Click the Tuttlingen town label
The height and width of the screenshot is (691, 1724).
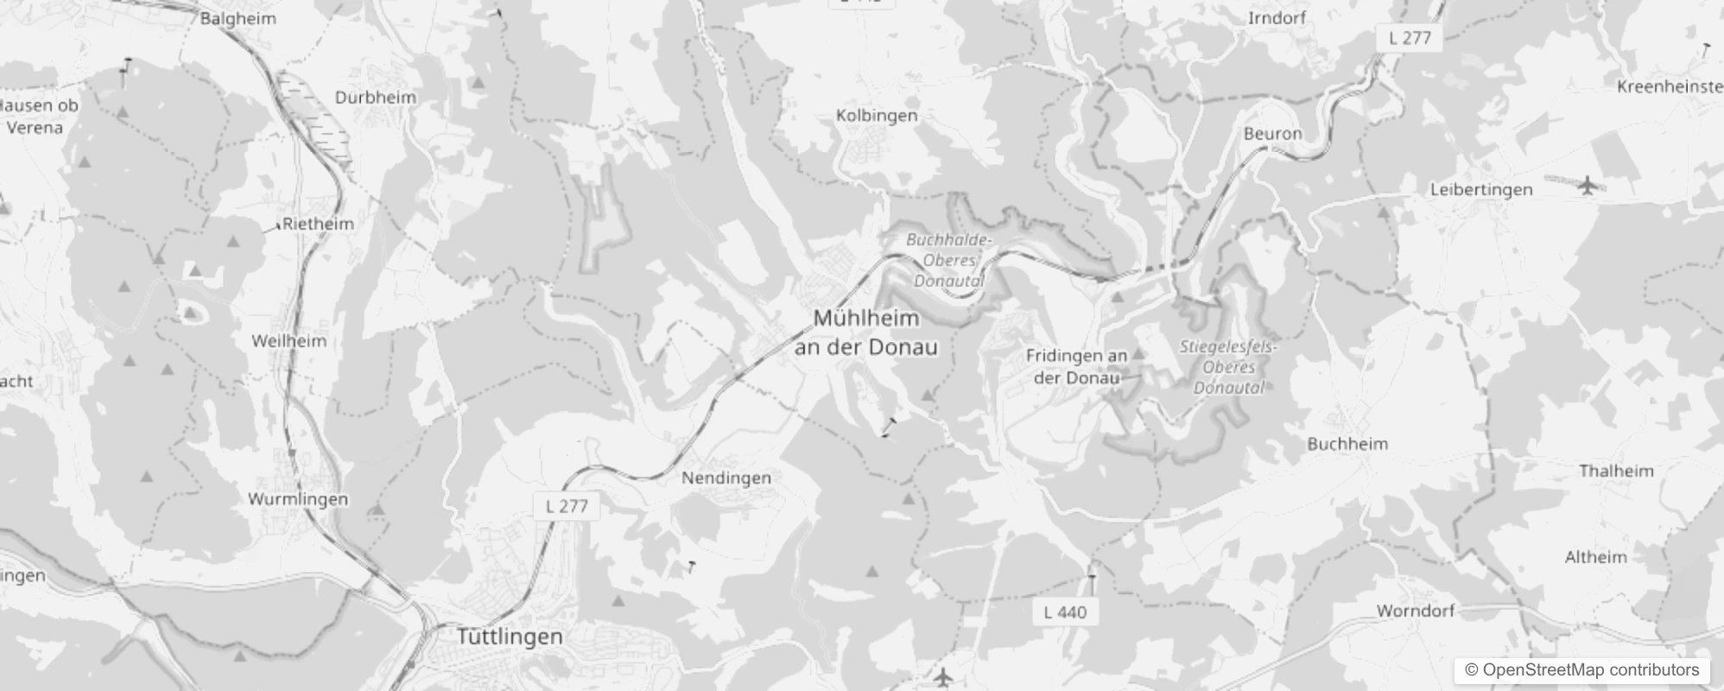[x=510, y=637]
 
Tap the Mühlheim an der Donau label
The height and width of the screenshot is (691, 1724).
[x=866, y=333]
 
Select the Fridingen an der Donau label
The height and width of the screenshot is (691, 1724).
[x=1076, y=366]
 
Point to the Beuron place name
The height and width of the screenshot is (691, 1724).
[x=1272, y=134]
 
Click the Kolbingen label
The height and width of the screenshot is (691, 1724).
[x=877, y=115]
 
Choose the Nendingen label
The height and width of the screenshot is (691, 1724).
[x=726, y=478]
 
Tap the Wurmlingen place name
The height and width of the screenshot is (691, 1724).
[x=298, y=499]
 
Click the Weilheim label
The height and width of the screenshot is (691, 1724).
[x=289, y=341]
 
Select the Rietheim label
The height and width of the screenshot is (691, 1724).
[x=318, y=224]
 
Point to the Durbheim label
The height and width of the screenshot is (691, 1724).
[x=376, y=98]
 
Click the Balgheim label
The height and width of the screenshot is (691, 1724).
[x=238, y=18]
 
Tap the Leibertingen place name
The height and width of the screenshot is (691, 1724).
[x=1481, y=189]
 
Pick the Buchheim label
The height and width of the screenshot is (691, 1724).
[x=1347, y=444]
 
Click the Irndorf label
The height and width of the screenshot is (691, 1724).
[x=1277, y=18]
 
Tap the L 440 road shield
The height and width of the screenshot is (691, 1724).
[x=1065, y=612]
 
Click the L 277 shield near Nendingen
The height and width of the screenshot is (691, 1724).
[x=567, y=506]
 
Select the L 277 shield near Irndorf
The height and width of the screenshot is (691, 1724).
[x=1410, y=38]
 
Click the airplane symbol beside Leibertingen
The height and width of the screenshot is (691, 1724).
[x=1588, y=185]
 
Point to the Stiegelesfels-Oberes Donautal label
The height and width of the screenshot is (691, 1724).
[x=1228, y=367]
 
